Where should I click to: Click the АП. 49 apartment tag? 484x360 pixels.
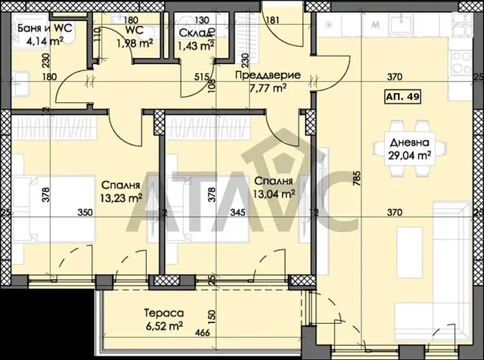pyautogui.click(x=402, y=97)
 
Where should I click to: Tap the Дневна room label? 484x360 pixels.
pyautogui.click(x=409, y=143)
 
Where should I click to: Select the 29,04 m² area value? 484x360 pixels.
pyautogui.click(x=409, y=155)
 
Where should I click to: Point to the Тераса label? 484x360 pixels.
pyautogui.click(x=164, y=313)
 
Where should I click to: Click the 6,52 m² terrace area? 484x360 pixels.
pyautogui.click(x=165, y=326)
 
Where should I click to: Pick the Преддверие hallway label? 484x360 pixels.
pyautogui.click(x=268, y=75)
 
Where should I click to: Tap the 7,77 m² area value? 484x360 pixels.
pyautogui.click(x=268, y=88)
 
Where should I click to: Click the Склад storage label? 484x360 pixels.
pyautogui.click(x=197, y=33)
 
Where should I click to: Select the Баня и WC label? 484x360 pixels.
pyautogui.click(x=45, y=29)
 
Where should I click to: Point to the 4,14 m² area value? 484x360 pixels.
pyautogui.click(x=45, y=41)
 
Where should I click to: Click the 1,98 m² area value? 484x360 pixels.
pyautogui.click(x=135, y=43)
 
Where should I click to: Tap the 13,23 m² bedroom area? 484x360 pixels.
pyautogui.click(x=121, y=197)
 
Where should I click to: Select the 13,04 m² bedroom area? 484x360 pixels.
pyautogui.click(x=274, y=194)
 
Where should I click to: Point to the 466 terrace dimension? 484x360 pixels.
pyautogui.click(x=203, y=333)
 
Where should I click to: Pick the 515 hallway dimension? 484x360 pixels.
pyautogui.click(x=202, y=76)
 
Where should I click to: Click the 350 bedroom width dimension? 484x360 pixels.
pyautogui.click(x=85, y=213)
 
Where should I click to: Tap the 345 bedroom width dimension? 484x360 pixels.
pyautogui.click(x=238, y=213)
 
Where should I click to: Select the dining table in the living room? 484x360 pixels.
pyautogui.click(x=409, y=150)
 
